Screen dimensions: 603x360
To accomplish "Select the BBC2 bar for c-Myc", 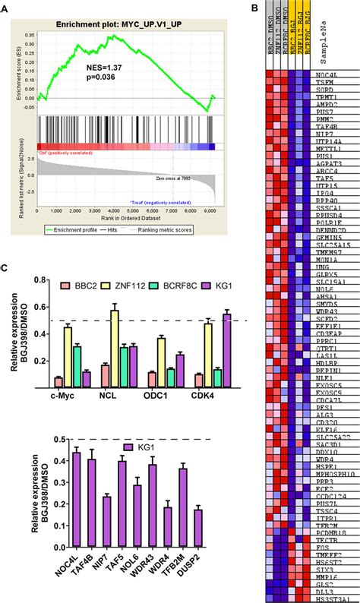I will [58, 376].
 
